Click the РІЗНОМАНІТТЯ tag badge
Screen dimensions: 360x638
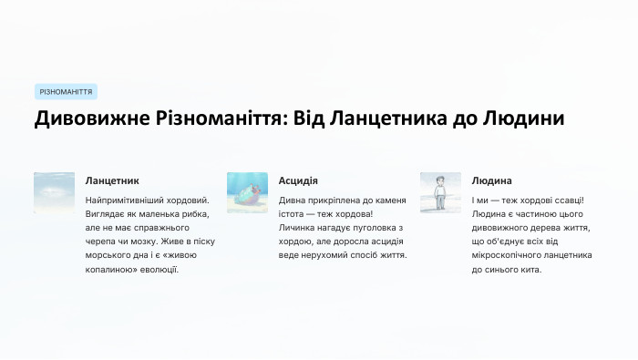(66, 92)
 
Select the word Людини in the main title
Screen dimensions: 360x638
(519, 119)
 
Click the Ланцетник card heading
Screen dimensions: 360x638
(112, 180)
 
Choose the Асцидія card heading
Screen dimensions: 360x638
(298, 180)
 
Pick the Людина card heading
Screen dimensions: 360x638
(492, 180)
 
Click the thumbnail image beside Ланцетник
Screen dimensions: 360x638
(54, 192)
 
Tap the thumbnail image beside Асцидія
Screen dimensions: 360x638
(247, 192)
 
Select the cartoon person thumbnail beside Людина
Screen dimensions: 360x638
(440, 192)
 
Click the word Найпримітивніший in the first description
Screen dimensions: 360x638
(129, 200)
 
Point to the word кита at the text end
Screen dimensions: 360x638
(532, 270)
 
